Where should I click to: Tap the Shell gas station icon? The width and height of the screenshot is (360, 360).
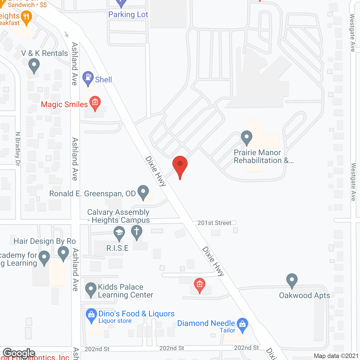pyautogui.click(x=88, y=77)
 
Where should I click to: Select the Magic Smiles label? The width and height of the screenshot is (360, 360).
pyautogui.click(x=64, y=105)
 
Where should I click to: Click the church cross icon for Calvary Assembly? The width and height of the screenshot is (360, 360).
pyautogui.click(x=137, y=232)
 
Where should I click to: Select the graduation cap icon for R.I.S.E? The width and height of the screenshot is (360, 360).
pyautogui.click(x=119, y=233)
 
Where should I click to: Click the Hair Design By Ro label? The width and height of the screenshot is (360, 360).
pyautogui.click(x=45, y=241)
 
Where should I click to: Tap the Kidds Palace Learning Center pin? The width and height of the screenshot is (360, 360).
pyautogui.click(x=91, y=289)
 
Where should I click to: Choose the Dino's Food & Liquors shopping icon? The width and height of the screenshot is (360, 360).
pyautogui.click(x=91, y=315)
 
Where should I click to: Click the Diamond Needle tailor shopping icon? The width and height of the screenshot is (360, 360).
pyautogui.click(x=242, y=324)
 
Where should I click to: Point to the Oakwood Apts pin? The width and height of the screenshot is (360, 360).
pyautogui.click(x=292, y=280)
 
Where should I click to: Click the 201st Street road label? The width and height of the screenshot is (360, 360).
pyautogui.click(x=214, y=223)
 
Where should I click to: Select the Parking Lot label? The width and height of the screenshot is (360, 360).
pyautogui.click(x=128, y=15)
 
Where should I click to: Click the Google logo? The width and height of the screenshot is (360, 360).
pyautogui.click(x=19, y=353)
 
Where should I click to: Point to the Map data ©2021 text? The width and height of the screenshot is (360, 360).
pyautogui.click(x=336, y=356)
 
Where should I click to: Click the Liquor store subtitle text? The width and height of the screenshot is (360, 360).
pyautogui.click(x=115, y=321)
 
